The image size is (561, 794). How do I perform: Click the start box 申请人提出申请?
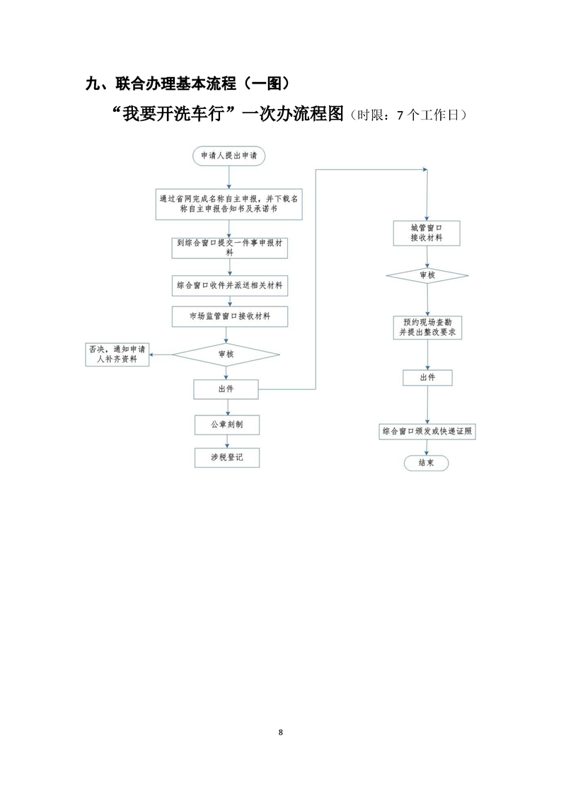[x=229, y=156]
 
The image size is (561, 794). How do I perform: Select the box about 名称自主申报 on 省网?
[x=229, y=204]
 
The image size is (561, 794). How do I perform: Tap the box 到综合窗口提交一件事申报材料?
[x=230, y=248]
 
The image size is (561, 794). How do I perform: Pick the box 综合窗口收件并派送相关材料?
[x=230, y=286]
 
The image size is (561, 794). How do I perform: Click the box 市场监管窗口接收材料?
[x=230, y=316]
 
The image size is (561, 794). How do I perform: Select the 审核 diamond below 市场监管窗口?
[x=226, y=355]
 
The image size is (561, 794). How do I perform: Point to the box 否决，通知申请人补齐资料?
[x=117, y=355]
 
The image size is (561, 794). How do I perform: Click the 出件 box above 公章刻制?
[x=226, y=389]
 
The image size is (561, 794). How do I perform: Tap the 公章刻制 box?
[x=227, y=425]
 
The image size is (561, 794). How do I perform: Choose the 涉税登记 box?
[x=227, y=458]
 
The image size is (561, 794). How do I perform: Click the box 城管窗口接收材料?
[x=427, y=234]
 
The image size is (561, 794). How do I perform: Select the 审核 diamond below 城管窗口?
[x=427, y=275]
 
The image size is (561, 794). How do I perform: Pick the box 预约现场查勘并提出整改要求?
[x=428, y=328]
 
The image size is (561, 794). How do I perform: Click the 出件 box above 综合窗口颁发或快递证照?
[x=428, y=378]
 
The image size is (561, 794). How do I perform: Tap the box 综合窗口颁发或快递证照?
[x=427, y=432]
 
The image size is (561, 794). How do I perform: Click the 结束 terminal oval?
[x=427, y=463]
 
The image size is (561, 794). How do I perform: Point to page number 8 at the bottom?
[x=280, y=732]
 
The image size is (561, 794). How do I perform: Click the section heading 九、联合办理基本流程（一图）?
[x=188, y=83]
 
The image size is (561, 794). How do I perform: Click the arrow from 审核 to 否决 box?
[x=161, y=355]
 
